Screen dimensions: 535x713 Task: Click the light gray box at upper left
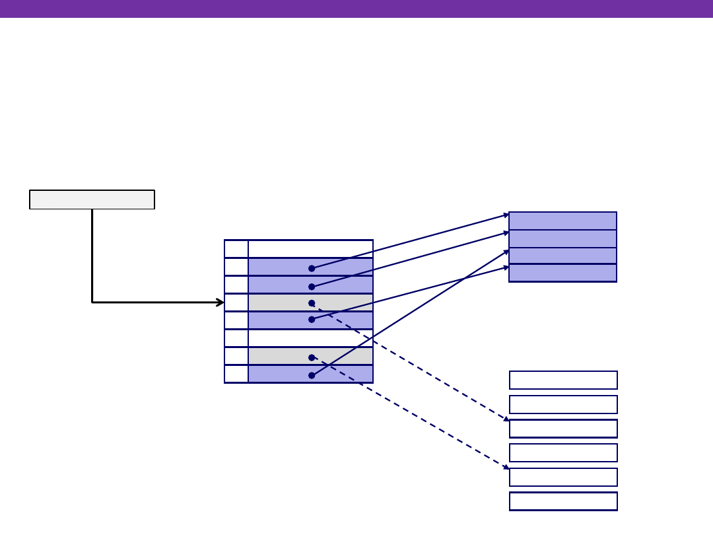92,199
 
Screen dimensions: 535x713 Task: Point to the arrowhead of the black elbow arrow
221,303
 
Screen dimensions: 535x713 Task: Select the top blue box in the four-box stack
562,221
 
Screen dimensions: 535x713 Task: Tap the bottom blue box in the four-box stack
562,273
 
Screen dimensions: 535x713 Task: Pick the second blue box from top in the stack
562,238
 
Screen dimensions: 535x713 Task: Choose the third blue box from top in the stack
562,256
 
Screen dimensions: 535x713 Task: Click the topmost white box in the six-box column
563,380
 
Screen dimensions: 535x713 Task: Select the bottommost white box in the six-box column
563,501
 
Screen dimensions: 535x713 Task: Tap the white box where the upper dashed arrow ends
563,429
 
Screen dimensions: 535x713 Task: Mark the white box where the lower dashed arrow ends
563,477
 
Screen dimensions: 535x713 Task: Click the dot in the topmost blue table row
312,268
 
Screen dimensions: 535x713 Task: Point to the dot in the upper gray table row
312,303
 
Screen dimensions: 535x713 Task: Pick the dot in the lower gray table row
312,357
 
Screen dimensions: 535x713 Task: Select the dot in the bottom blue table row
312,375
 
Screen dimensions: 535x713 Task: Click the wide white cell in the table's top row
310,249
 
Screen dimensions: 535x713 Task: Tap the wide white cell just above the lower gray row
310,338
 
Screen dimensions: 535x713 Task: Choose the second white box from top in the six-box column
563,404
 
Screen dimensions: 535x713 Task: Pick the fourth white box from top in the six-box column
563,452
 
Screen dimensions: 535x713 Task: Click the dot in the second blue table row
312,287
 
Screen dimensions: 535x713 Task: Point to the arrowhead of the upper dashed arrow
506,419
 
